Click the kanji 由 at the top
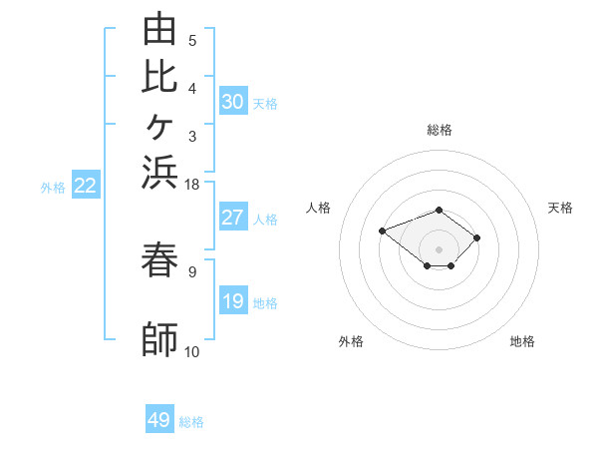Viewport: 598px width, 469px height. click(x=159, y=28)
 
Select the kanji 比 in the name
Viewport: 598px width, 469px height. click(x=159, y=77)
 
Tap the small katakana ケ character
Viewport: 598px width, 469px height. click(x=159, y=127)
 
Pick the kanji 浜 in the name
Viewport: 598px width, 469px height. click(x=159, y=173)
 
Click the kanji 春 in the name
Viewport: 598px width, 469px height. click(x=159, y=259)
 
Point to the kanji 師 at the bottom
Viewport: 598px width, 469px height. click(x=159, y=339)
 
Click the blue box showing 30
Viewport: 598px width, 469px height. click(x=233, y=101)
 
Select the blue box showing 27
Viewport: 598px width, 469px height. click(x=233, y=217)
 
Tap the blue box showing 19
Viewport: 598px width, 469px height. click(x=233, y=299)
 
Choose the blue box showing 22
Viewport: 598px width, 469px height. click(x=86, y=184)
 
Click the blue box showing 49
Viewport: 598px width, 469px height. click(x=159, y=418)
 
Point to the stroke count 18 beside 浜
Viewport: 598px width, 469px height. click(x=191, y=185)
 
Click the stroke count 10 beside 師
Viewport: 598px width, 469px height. click(x=191, y=352)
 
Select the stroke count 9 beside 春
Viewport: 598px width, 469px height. click(x=192, y=272)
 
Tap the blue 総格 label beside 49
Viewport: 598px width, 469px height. click(x=191, y=422)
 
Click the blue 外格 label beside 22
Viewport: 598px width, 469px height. click(x=53, y=188)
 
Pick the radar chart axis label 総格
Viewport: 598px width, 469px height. click(x=440, y=130)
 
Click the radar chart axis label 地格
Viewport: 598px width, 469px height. click(x=522, y=341)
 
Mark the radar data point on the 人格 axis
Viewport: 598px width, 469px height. click(x=382, y=232)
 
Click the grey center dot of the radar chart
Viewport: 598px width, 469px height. click(x=439, y=249)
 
